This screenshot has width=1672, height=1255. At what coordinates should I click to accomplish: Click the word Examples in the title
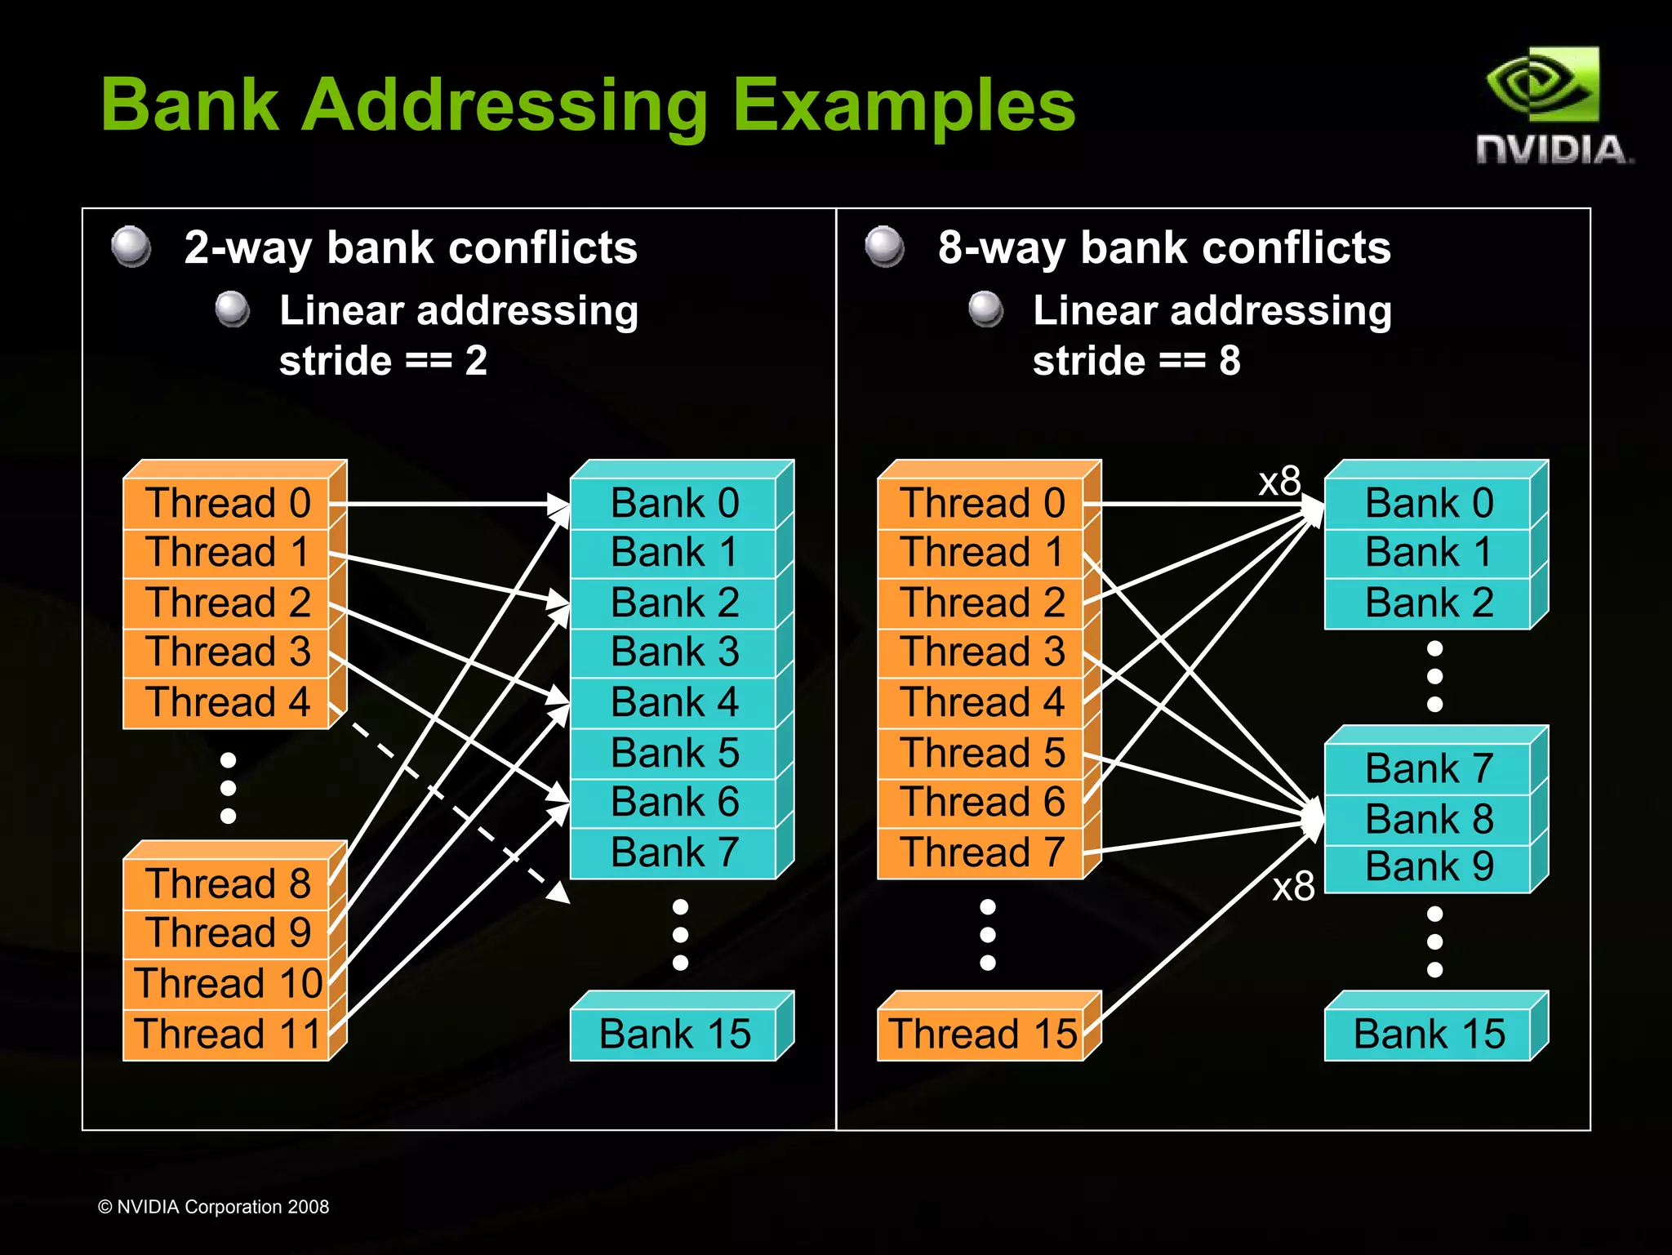pos(904,105)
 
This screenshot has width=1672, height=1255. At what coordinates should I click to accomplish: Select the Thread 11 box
pos(227,1034)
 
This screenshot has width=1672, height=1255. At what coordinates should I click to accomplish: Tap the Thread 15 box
pos(982,1034)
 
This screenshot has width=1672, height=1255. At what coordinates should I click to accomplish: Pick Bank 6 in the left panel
pos(674,803)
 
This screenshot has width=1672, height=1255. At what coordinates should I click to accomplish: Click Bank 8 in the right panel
pos(1429,819)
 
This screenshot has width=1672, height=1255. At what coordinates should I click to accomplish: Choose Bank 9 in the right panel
pos(1429,867)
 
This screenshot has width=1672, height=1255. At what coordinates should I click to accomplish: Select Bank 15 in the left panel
pos(674,1034)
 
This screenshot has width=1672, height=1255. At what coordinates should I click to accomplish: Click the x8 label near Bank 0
pos(1279,482)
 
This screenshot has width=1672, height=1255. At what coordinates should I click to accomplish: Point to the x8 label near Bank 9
pos(1293,887)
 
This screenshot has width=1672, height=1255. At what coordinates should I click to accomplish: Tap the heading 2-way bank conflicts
pos(410,247)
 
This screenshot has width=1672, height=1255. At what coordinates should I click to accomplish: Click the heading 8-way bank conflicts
pos(1163,247)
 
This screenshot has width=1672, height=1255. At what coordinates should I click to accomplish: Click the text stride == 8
pos(1136,361)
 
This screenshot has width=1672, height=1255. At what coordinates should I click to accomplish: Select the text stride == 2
pos(383,361)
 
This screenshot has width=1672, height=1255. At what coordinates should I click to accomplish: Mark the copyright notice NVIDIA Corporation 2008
pos(214,1207)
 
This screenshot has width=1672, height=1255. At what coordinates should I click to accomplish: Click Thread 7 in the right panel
pos(982,852)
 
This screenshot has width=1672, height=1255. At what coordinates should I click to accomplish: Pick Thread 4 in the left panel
pos(227,702)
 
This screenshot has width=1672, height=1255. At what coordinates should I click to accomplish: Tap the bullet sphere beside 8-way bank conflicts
pos(885,247)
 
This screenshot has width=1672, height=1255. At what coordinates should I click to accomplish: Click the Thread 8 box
pos(227,884)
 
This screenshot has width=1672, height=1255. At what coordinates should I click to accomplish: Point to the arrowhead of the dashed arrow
pos(560,893)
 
